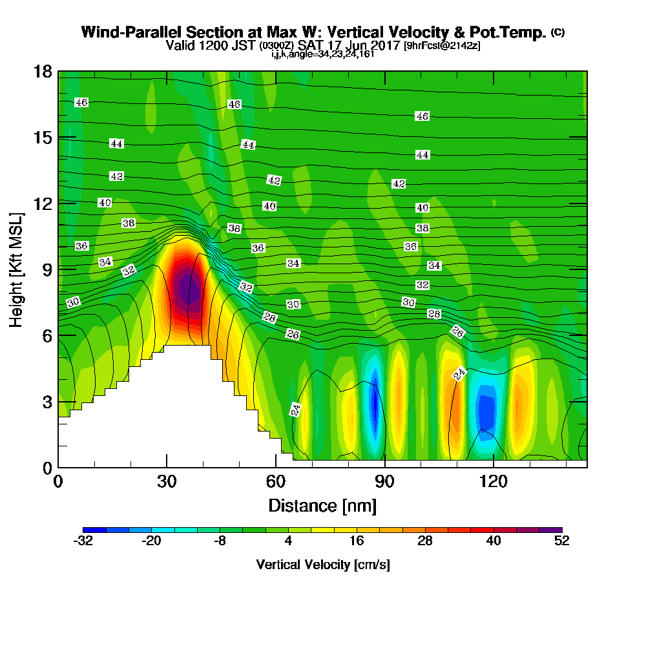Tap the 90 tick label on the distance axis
point(384,481)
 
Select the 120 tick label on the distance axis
point(493,481)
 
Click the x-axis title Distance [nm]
point(322,506)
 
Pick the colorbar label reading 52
point(562,541)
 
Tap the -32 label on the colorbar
point(83,541)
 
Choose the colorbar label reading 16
point(357,541)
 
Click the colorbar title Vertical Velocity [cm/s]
point(322,565)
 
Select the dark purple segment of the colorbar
point(551,530)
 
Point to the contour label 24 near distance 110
point(459,373)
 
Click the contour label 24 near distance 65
point(295,410)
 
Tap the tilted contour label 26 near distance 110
point(458,331)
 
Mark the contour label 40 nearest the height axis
point(105,203)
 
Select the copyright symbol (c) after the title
point(558,32)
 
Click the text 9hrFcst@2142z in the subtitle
point(442,45)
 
